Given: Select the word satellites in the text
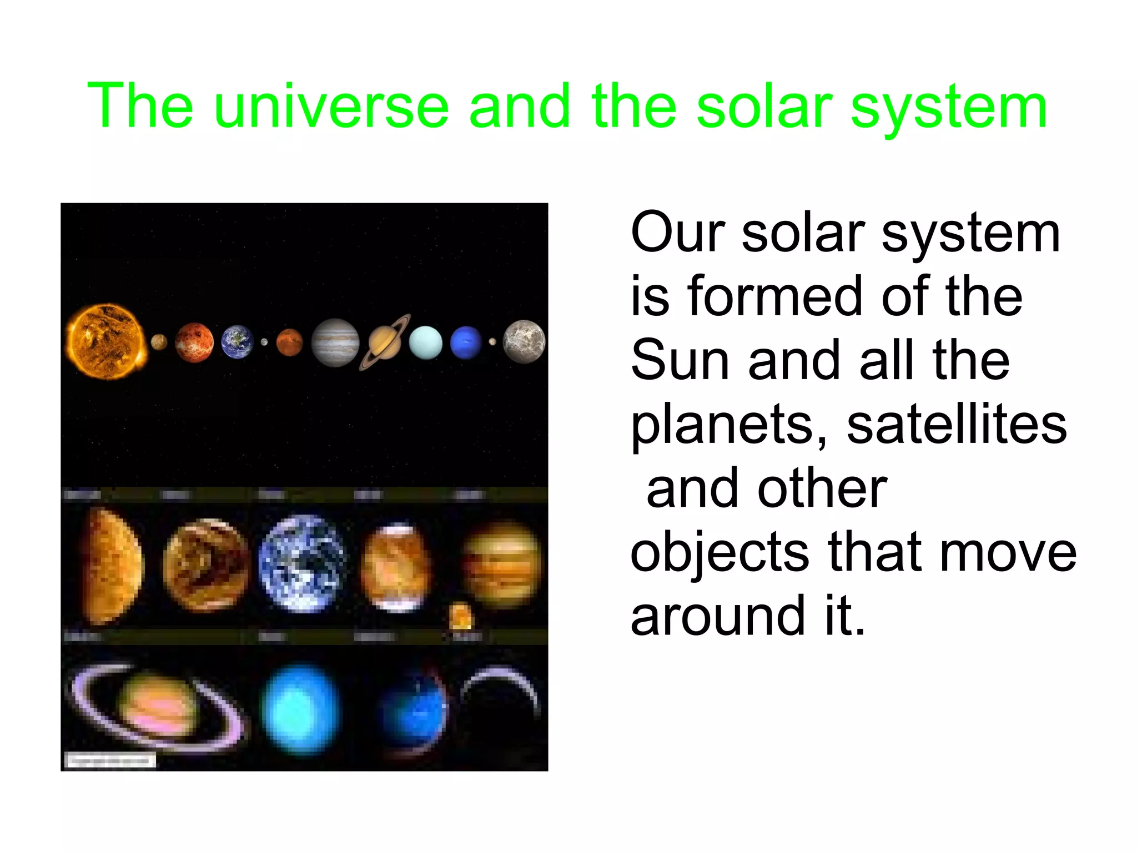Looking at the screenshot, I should pos(956,425).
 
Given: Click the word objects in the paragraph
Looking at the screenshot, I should pos(720,554).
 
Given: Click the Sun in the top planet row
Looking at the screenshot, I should pos(105,341).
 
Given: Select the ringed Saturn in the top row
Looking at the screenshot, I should pos(385,341).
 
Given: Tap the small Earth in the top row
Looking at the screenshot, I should pos(237,342).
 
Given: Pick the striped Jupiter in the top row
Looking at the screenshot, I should pos(335,342).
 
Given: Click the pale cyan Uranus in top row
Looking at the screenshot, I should pos(426,342).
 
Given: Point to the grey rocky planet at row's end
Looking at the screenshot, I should pos(524,342).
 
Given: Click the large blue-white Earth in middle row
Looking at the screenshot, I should pos(303,563).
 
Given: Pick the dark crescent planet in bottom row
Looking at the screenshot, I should pos(500,699).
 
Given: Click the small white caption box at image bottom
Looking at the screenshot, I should pos(110,760).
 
